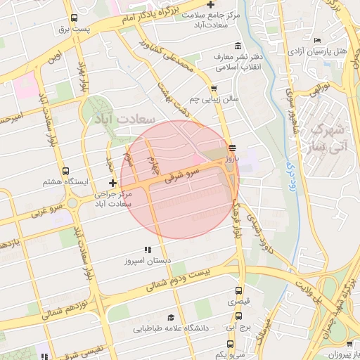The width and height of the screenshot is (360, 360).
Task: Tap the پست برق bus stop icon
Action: (x=75, y=19)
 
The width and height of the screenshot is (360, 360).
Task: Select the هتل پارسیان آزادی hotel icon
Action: (x=318, y=41)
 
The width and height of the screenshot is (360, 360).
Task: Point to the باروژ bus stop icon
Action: (x=232, y=148)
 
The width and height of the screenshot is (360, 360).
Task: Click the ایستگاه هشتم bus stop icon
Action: (x=66, y=171)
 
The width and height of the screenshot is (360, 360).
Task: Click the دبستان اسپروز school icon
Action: (x=148, y=250)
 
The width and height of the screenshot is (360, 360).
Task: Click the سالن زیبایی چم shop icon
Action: (x=213, y=88)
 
